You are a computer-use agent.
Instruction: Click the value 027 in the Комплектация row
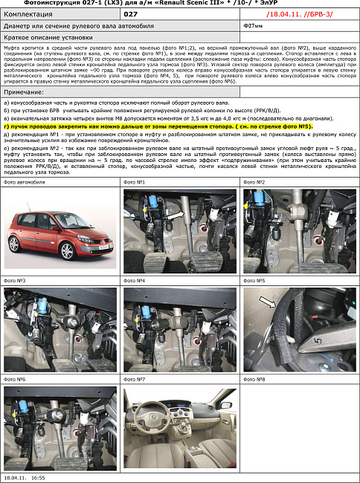click(x=131, y=13)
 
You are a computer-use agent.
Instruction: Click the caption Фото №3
click(x=15, y=281)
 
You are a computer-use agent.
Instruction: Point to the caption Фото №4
click(x=135, y=281)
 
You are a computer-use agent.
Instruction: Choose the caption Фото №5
click(x=255, y=281)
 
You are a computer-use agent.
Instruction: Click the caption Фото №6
click(x=15, y=379)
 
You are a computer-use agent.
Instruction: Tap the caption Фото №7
click(x=135, y=379)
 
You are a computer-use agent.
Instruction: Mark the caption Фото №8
click(x=255, y=379)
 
